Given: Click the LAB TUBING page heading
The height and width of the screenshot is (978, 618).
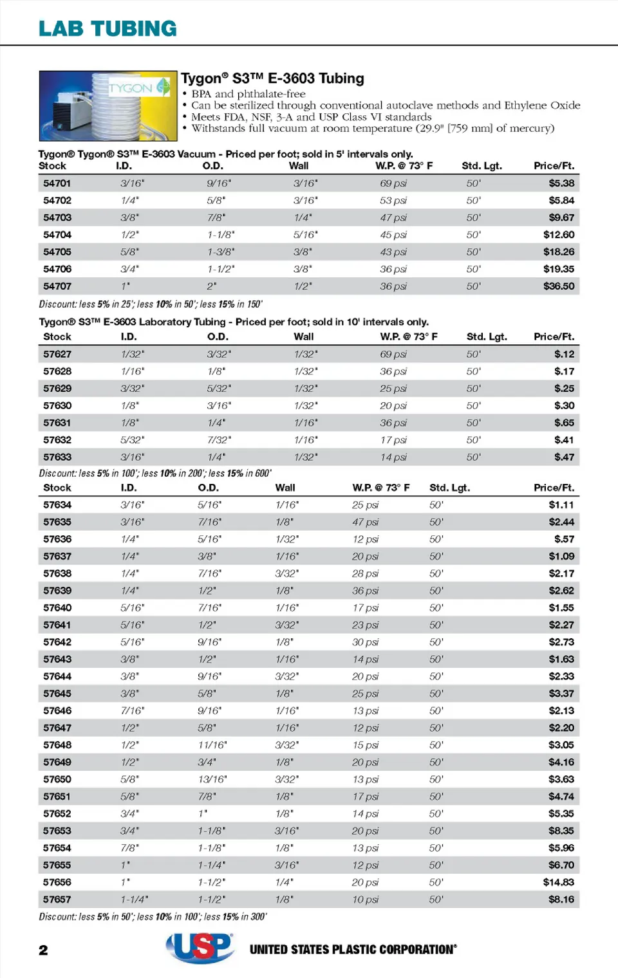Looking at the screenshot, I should coord(108,28).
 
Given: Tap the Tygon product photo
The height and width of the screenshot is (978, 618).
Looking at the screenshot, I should coord(108,106).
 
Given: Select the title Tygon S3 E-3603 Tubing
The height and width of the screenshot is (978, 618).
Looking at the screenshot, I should coord(272,78).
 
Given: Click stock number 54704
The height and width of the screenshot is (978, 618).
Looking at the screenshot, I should coord(57,235).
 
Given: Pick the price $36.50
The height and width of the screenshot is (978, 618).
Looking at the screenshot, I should coord(558,286).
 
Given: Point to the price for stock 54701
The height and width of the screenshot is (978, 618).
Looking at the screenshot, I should coord(561,183).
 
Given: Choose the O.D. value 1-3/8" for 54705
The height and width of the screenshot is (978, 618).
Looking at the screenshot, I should coord(221,252).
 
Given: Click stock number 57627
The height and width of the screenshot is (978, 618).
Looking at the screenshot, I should coord(57,355).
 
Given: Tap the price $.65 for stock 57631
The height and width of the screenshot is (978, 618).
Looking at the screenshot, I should coord(564,423).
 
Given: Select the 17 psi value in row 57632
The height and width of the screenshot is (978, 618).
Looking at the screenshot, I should coord(393,440).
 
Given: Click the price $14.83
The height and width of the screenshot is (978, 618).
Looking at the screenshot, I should coord(558,882).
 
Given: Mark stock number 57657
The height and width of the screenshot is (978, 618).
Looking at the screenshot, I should coord(57,900).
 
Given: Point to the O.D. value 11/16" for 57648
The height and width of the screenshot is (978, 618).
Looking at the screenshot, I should coord(212,745).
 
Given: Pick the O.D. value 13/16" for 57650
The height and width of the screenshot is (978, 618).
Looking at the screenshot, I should coord(212,779).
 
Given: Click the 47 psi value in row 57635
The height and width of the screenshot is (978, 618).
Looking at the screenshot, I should coord(365,522).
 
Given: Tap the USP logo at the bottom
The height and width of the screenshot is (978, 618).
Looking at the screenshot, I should coord(200,948).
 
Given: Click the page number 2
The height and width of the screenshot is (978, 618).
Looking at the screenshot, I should coord(43,950).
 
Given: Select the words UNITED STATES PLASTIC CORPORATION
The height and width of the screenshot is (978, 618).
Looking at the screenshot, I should coord(353,950).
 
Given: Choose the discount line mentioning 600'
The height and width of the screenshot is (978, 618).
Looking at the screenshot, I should coord(155,474).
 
